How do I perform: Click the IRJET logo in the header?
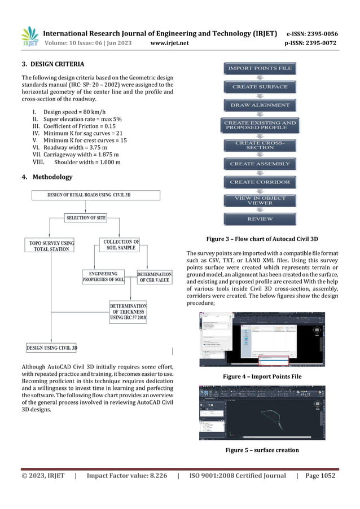[30, 37]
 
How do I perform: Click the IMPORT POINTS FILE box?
[260, 69]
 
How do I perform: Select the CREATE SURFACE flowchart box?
[260, 87]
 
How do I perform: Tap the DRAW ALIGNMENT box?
[260, 105]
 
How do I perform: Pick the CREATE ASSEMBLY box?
[260, 164]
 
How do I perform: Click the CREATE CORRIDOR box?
[260, 182]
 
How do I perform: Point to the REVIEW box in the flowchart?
[260, 219]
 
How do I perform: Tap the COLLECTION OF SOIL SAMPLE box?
[121, 245]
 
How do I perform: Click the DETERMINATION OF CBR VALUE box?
[155, 277]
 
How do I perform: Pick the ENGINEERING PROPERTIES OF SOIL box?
[104, 277]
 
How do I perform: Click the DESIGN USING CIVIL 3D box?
[52, 348]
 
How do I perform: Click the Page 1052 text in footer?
[320, 476]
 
